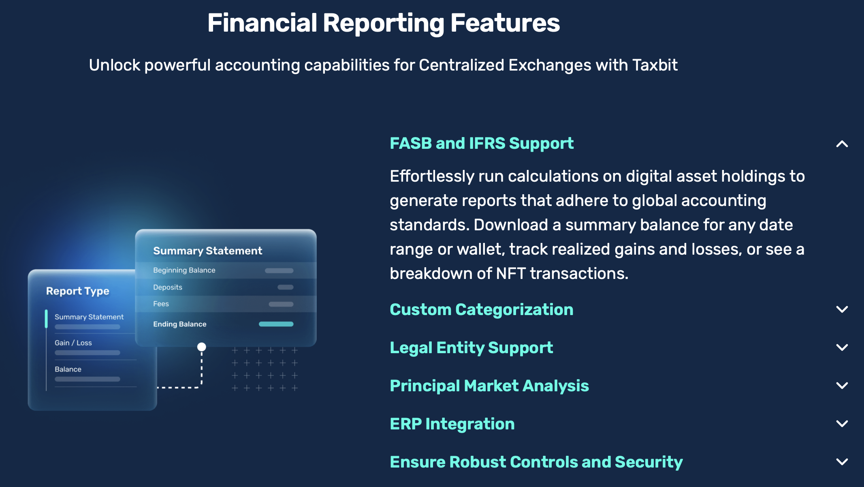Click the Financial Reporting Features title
click(x=384, y=23)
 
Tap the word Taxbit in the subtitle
click(x=655, y=65)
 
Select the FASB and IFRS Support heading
click(x=482, y=144)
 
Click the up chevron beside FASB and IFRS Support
click(x=842, y=144)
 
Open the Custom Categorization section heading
click(x=482, y=310)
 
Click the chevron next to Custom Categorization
click(x=842, y=309)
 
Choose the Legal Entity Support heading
click(x=471, y=348)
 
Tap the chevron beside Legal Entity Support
click(x=842, y=348)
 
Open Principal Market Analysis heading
click(x=489, y=386)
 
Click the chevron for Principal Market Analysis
click(x=842, y=386)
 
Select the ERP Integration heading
click(x=452, y=424)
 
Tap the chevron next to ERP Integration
click(x=842, y=424)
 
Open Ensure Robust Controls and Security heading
click(x=536, y=462)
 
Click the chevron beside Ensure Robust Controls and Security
click(x=842, y=462)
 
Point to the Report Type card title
click(x=78, y=291)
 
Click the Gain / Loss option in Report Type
click(x=73, y=343)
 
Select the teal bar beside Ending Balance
click(x=276, y=324)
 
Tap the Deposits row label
click(x=168, y=287)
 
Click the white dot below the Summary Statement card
click(x=201, y=347)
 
